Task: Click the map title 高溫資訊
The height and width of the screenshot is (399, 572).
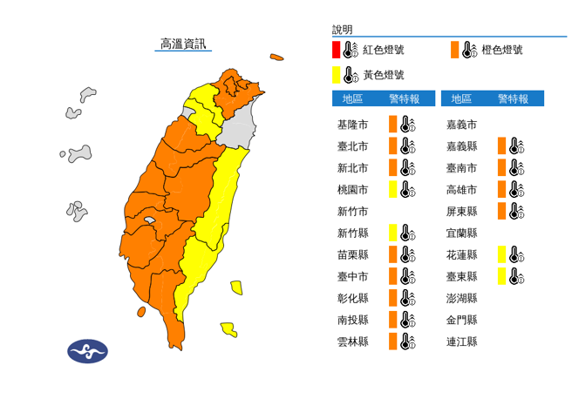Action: tap(183, 44)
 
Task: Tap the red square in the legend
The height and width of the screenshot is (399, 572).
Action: tap(337, 50)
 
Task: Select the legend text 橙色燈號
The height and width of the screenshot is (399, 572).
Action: tap(503, 50)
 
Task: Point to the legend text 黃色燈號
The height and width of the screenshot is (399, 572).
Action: tap(384, 75)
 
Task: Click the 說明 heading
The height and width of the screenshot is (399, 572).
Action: tap(343, 30)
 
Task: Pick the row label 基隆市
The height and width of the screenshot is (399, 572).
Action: tap(352, 124)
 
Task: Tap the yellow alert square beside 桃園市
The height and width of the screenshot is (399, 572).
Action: tap(393, 189)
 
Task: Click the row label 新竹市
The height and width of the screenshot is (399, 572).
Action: tap(352, 211)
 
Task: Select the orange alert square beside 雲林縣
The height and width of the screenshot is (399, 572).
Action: tap(393, 342)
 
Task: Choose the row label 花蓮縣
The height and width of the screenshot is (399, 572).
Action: tap(460, 254)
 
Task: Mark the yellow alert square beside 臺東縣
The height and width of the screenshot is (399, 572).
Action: tap(501, 276)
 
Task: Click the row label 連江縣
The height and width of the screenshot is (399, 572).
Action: tap(460, 342)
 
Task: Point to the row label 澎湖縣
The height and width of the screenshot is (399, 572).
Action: tap(460, 298)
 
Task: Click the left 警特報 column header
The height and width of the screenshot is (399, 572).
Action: tap(406, 98)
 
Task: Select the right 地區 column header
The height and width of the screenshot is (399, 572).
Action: tap(462, 98)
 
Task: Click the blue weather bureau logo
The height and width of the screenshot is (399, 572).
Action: tap(87, 351)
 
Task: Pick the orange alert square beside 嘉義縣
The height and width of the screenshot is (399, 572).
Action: tap(501, 145)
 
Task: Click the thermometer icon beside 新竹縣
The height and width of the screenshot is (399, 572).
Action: tap(406, 233)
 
